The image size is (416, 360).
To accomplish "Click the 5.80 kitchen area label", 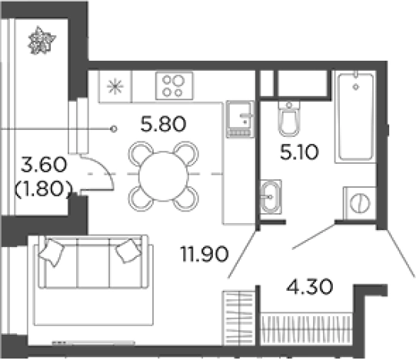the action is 163,125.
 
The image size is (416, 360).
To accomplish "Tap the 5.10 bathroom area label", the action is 299,152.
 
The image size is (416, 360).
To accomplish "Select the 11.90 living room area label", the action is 205,254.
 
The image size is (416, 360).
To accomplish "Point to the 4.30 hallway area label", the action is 309,286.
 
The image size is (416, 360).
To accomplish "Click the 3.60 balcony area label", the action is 44,165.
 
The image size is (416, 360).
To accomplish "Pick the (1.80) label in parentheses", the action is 44,188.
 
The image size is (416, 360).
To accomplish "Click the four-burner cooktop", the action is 174,86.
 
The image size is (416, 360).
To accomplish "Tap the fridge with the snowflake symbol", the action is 115,87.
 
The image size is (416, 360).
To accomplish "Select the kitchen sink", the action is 240,118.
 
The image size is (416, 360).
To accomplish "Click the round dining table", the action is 164,176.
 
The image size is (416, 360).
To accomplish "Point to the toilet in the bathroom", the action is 289,118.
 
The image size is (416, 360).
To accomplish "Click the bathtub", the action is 355,116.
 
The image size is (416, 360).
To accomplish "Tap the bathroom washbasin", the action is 271,197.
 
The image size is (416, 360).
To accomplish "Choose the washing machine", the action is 360,203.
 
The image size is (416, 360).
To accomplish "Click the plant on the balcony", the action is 42,41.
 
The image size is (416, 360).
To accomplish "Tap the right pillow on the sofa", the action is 128,251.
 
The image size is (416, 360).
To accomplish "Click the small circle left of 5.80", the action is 114,129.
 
